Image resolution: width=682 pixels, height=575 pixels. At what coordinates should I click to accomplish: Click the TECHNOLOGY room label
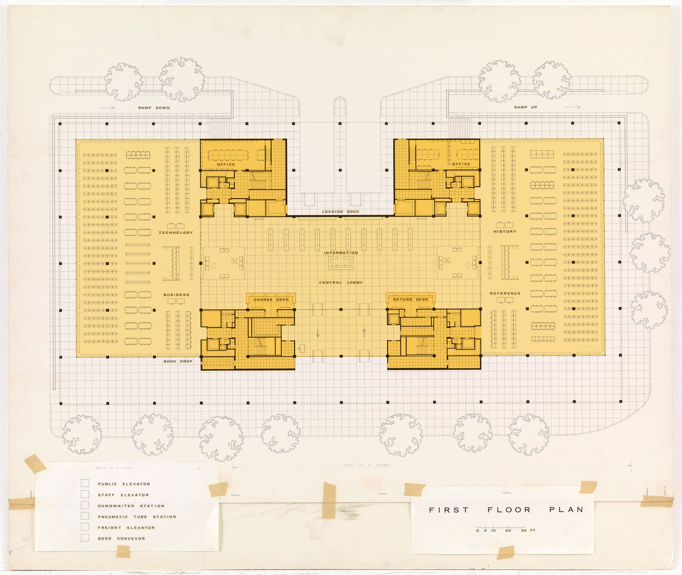(x=176, y=233)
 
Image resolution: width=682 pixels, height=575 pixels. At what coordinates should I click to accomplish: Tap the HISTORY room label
(x=505, y=232)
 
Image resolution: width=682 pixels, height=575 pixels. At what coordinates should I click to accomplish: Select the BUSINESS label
(x=176, y=295)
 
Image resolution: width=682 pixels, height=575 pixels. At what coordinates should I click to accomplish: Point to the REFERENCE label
(x=505, y=293)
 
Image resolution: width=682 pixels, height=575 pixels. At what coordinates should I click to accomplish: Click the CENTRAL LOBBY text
(x=341, y=282)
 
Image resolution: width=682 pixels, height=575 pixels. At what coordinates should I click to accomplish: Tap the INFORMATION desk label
(x=341, y=253)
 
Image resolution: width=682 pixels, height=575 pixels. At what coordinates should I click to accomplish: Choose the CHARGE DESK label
(x=271, y=299)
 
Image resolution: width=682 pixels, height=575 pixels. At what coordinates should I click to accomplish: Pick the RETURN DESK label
(x=411, y=299)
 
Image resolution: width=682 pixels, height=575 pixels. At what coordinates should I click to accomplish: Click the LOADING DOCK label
(x=341, y=211)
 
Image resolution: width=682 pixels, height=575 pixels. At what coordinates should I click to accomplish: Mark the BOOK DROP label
(x=178, y=361)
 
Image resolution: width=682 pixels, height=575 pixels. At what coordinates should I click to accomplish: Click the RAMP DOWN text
(x=154, y=108)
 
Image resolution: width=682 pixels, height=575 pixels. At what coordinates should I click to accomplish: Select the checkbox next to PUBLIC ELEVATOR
(x=85, y=483)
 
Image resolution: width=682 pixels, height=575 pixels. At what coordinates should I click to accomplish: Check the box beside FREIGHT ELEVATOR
(x=85, y=527)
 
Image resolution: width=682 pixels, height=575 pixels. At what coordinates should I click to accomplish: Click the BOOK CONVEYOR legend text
(x=121, y=539)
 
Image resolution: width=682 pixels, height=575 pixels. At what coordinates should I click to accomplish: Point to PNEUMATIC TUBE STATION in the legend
(x=137, y=517)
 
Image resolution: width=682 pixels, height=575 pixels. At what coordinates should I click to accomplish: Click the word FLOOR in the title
(x=509, y=510)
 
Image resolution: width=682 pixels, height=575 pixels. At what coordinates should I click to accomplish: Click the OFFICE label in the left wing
(x=226, y=164)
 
